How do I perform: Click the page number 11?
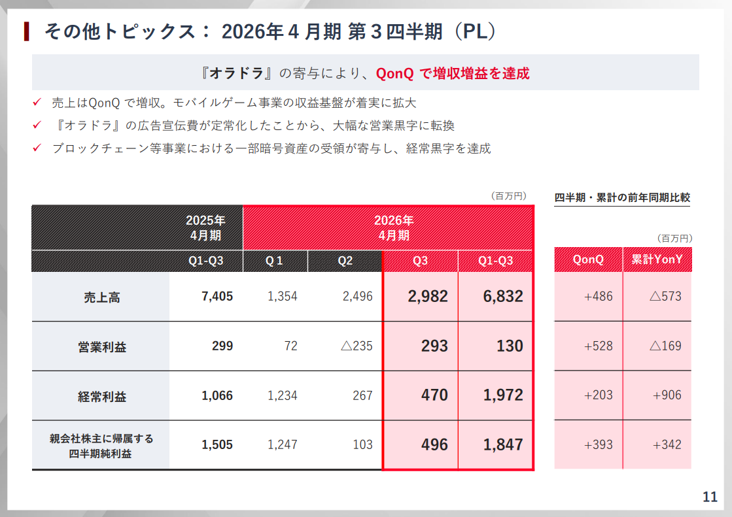(710, 497)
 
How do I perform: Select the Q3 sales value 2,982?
(428, 296)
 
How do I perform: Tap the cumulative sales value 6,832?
(503, 296)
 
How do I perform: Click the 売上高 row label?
(101, 297)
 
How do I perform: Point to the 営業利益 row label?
(101, 346)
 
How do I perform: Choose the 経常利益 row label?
(101, 396)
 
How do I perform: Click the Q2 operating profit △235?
(357, 346)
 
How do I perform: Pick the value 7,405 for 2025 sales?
(217, 297)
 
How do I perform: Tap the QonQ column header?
(588, 259)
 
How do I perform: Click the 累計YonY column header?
(657, 259)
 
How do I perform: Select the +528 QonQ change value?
(599, 346)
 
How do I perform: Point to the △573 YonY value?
(665, 297)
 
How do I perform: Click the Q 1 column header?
(274, 261)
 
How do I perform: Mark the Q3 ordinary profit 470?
(435, 395)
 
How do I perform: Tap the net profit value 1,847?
(503, 444)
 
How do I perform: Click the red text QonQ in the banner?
(394, 74)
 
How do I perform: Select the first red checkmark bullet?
(37, 103)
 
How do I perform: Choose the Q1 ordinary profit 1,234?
(282, 395)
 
